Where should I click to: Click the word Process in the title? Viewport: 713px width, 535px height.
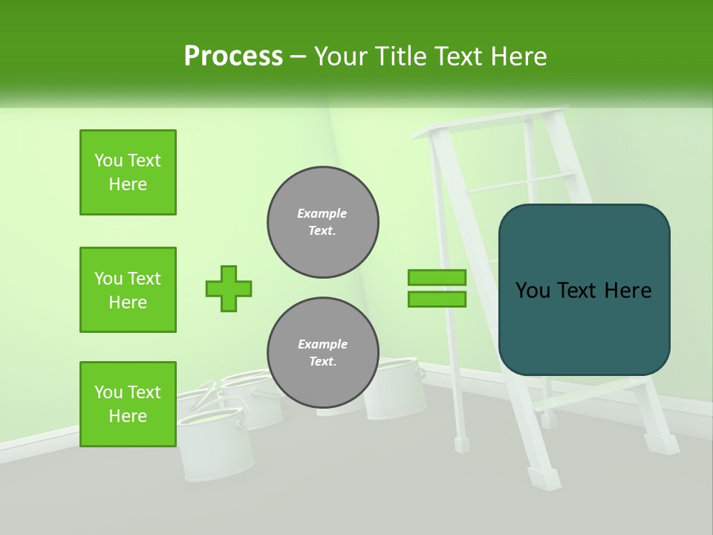[x=233, y=56]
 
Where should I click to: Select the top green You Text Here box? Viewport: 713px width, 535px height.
[x=128, y=172]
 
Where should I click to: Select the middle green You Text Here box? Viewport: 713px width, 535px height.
[x=128, y=290]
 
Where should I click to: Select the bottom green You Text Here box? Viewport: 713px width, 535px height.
[x=128, y=404]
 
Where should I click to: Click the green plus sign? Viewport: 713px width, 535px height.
[x=229, y=288]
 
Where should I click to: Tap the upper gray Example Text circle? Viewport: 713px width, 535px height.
[x=322, y=221]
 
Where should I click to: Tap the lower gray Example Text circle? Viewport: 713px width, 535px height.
[x=322, y=352]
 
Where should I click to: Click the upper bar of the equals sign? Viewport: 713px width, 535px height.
[x=437, y=277]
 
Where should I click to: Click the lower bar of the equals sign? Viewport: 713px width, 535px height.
[x=437, y=299]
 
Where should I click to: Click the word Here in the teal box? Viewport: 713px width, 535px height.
[x=628, y=290]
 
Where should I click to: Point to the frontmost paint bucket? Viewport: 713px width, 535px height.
[x=215, y=446]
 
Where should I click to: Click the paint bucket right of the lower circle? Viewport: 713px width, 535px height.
[x=397, y=390]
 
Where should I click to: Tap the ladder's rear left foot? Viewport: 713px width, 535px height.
[x=462, y=444]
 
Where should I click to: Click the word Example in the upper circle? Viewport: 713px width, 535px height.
[x=322, y=213]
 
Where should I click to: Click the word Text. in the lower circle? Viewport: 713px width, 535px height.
[x=322, y=361]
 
